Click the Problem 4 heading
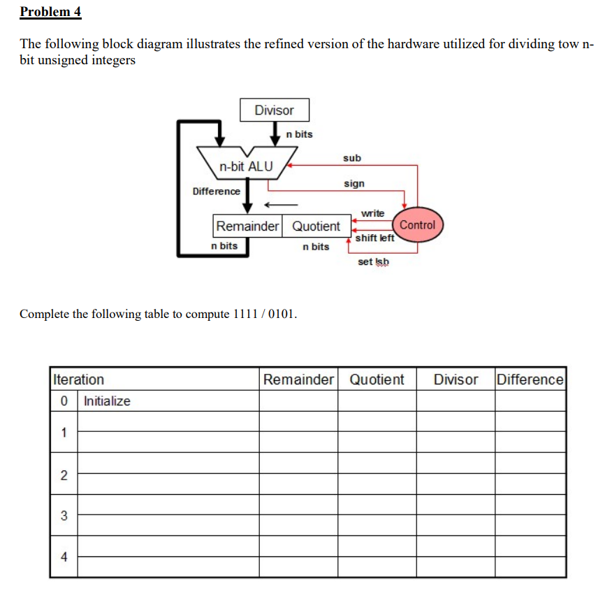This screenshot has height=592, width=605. pyautogui.click(x=51, y=12)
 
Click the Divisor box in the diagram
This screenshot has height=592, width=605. pyautogui.click(x=274, y=110)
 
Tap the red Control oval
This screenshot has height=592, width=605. pyautogui.click(x=417, y=225)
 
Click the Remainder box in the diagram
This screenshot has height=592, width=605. pyautogui.click(x=247, y=226)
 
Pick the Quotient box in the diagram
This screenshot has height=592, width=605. pyautogui.click(x=316, y=226)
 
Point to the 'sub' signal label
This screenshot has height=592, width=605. pyautogui.click(x=352, y=159)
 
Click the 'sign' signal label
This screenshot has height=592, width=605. pyautogui.click(x=353, y=184)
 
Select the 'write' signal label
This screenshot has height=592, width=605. pyautogui.click(x=372, y=213)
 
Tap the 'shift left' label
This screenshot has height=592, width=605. pyautogui.click(x=375, y=238)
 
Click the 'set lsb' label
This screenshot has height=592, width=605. pyautogui.click(x=373, y=262)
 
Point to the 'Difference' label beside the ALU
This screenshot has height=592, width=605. pyautogui.click(x=216, y=192)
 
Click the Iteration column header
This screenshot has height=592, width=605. pyautogui.click(x=78, y=380)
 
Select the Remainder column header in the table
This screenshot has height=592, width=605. pyautogui.click(x=298, y=380)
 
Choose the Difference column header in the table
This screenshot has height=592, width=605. pyautogui.click(x=530, y=380)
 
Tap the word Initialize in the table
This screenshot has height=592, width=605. pyautogui.click(x=107, y=401)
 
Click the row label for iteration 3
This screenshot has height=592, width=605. pyautogui.click(x=64, y=516)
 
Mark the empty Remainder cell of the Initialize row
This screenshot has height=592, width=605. pyautogui.click(x=298, y=401)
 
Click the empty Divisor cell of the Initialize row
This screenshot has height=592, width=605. pyautogui.click(x=455, y=401)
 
